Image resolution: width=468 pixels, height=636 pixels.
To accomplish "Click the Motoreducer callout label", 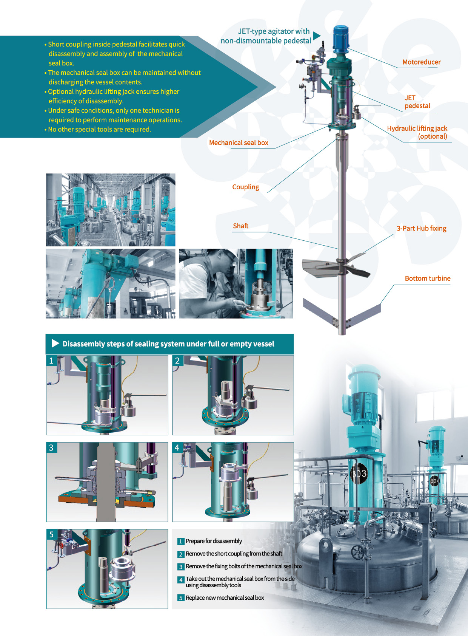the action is (422, 62).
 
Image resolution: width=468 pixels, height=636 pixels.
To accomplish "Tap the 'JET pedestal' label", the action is (417, 102).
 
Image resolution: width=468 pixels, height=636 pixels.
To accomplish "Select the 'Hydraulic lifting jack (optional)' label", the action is (417, 132).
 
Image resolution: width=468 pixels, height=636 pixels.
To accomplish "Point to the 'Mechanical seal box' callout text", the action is (239, 142).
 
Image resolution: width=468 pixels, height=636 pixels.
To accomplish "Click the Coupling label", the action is (246, 187).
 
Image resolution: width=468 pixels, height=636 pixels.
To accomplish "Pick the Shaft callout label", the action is (240, 226).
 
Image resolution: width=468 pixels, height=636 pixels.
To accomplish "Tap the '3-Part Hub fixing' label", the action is (422, 228).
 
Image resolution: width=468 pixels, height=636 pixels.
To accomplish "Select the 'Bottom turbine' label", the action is (428, 278).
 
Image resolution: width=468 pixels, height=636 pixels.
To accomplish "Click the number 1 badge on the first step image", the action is (51, 360).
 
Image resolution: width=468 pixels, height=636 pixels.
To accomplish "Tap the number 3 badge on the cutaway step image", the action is (51, 447).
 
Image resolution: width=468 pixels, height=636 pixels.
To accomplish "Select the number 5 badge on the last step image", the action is (51, 534).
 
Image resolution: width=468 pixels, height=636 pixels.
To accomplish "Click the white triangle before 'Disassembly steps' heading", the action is (55, 344).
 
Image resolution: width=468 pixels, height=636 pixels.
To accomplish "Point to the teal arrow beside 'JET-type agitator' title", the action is (317, 36).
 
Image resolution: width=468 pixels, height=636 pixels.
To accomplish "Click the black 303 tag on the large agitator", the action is (359, 473).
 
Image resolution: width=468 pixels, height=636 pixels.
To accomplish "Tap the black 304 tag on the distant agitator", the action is (434, 481).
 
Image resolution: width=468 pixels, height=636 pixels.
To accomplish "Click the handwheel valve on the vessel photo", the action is (358, 552).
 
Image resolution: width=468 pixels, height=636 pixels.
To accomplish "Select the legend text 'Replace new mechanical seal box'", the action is (225, 597).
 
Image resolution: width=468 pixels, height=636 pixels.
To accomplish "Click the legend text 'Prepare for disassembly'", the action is (214, 541).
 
